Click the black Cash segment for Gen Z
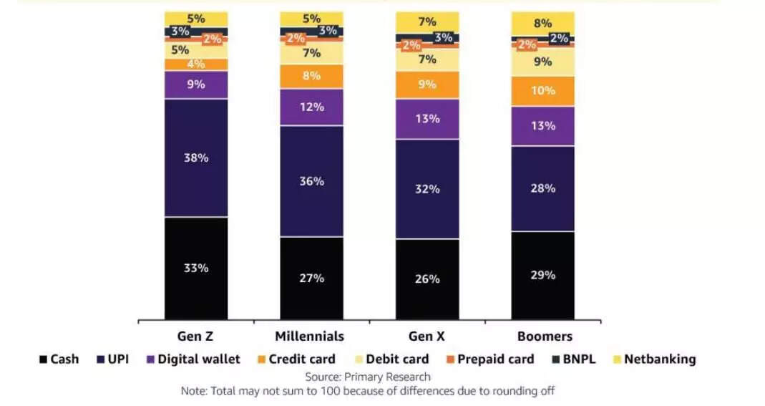(196, 269)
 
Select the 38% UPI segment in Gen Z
(196, 158)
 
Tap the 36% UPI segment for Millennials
(311, 181)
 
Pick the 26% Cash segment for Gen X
(427, 279)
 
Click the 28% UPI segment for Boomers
(542, 188)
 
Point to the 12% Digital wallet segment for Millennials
(311, 107)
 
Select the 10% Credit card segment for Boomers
(542, 91)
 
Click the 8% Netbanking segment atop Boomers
(542, 23)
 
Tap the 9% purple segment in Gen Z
(196, 84)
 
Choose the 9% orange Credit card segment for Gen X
(427, 84)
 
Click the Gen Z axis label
(196, 337)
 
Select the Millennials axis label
(309, 337)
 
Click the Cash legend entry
(59, 359)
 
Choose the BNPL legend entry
(573, 359)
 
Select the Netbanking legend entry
(653, 359)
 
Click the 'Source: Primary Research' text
(368, 377)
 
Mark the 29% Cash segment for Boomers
(542, 275)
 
